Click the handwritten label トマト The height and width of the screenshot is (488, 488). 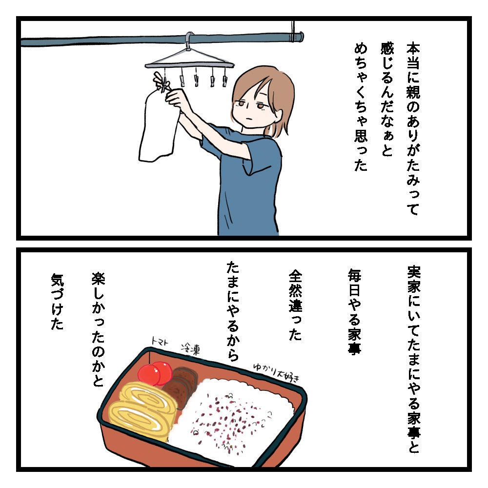point(160,342)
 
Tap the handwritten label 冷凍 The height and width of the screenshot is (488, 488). point(190,350)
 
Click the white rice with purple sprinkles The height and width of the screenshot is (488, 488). point(237,417)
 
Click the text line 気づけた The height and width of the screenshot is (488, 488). point(57,302)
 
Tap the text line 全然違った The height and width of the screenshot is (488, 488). point(295,305)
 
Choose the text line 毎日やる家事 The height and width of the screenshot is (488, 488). point(354,311)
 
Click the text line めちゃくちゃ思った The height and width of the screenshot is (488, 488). point(361,107)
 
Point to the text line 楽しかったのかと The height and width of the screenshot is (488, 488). point(98,329)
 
